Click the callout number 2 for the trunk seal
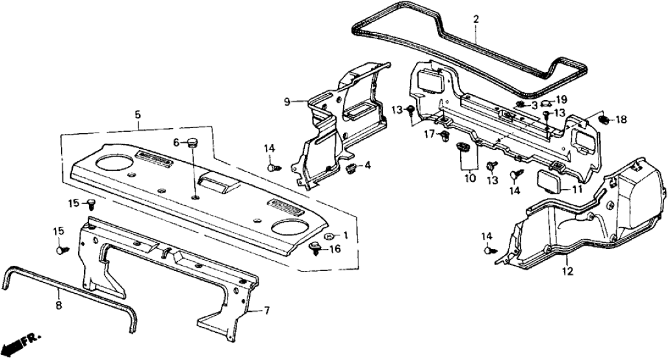point(476,19)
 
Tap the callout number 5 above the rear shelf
point(138,115)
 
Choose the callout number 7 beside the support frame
point(264,311)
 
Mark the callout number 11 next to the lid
point(574,189)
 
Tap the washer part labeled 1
point(329,235)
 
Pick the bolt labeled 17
point(445,136)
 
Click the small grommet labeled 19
point(546,102)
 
